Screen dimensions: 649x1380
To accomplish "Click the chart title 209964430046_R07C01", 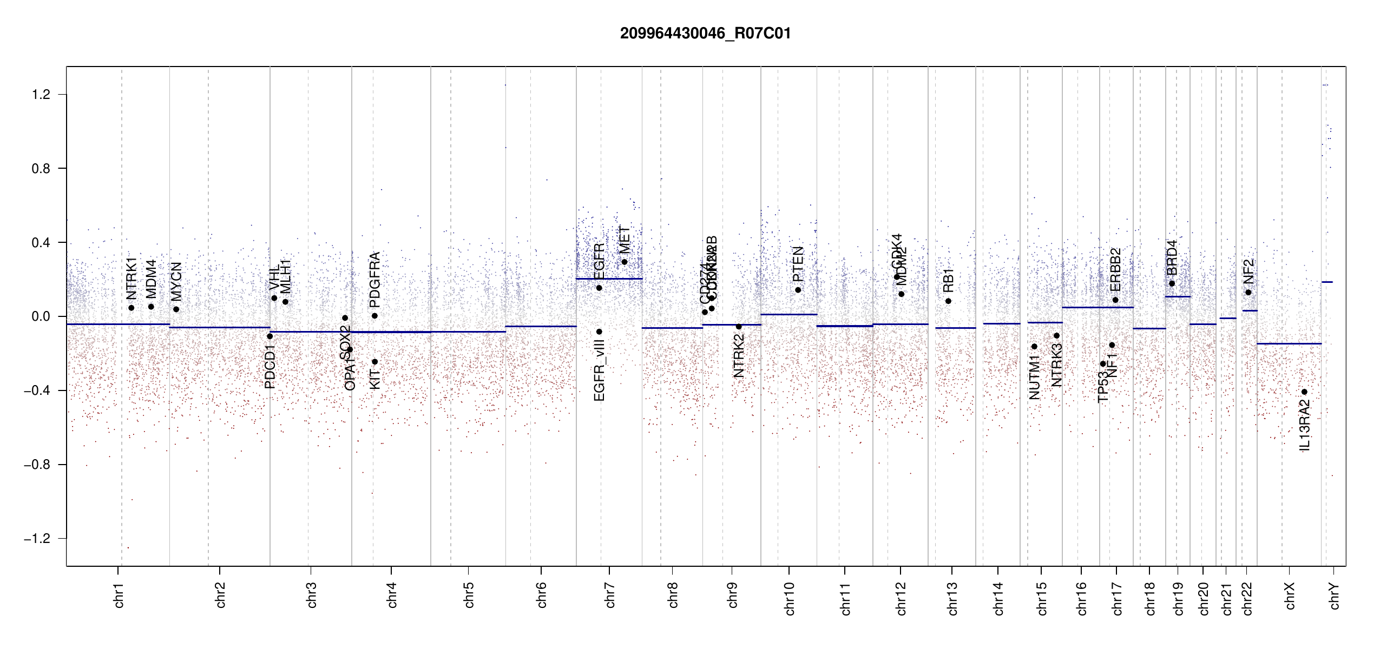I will point(705,34).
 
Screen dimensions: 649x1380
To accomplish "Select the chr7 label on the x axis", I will point(610,595).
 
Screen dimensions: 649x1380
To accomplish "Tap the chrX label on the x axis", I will point(1290,595).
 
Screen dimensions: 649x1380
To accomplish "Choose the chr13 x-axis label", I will point(952,598).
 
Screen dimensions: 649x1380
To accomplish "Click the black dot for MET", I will point(624,262).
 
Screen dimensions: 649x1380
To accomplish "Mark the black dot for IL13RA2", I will point(1304,392).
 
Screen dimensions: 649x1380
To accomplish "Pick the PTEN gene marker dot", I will point(798,290).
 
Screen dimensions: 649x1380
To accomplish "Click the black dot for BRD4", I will point(1172,283).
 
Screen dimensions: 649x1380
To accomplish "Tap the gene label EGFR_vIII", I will point(599,370).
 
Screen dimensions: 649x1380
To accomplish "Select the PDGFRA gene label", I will point(374,279).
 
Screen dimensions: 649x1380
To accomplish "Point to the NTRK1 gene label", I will point(132,278).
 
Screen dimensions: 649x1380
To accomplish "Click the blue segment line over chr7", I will point(609,279).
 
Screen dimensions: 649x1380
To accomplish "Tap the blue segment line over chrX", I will point(1289,343).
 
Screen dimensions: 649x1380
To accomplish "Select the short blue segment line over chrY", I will point(1327,282).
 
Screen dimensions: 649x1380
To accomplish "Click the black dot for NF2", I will point(1248,293).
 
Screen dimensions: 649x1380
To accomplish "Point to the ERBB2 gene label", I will point(1115,269).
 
